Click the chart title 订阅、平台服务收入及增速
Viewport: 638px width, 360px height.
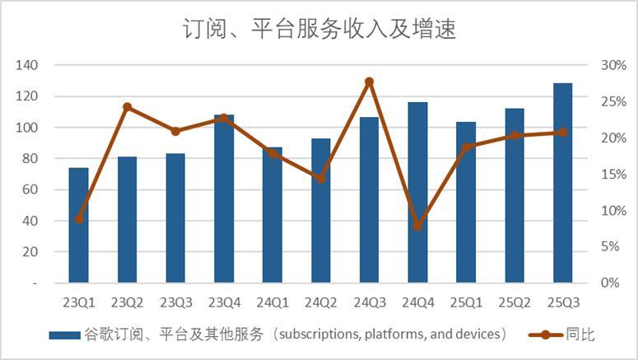coord(319,30)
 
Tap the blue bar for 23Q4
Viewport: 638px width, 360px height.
coord(224,199)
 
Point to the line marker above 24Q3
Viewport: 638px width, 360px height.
coord(369,82)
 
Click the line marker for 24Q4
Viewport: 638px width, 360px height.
coord(417,226)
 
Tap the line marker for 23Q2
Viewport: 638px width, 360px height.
coord(127,107)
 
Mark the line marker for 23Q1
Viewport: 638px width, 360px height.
coord(78,219)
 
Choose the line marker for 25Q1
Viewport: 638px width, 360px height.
coord(466,147)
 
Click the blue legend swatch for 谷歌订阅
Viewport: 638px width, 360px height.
coord(64,335)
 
